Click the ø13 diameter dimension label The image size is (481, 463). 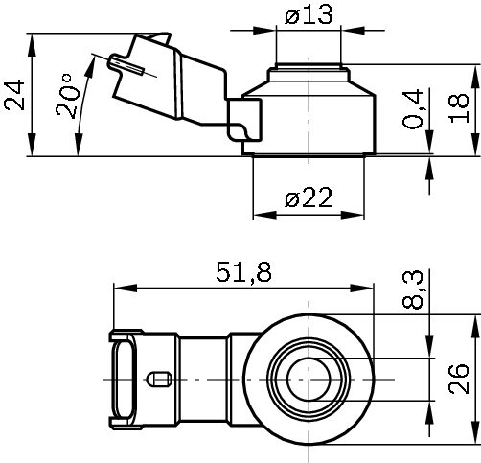pyautogui.click(x=308, y=16)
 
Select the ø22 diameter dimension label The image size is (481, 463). pyautogui.click(x=308, y=197)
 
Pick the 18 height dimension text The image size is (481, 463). pyautogui.click(x=461, y=108)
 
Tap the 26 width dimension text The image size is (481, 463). pyautogui.click(x=459, y=381)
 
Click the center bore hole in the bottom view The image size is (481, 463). pyautogui.click(x=309, y=380)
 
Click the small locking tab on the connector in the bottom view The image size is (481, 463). pyautogui.click(x=159, y=381)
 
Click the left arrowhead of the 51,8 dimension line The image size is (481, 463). pyautogui.click(x=119, y=287)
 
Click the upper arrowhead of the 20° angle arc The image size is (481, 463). pyautogui.click(x=94, y=59)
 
